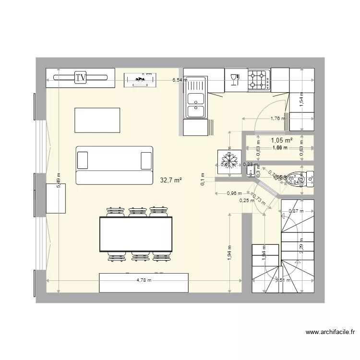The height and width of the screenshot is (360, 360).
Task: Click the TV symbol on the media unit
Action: (81, 77)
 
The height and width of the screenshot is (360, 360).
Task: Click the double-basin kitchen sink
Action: (196, 104)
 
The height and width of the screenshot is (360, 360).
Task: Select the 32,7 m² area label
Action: (171, 180)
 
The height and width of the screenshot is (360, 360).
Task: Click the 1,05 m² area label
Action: (282, 141)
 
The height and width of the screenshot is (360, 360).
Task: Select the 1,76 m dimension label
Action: (277, 119)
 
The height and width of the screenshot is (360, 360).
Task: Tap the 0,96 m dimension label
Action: (233, 194)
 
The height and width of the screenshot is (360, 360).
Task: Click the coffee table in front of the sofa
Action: (97, 120)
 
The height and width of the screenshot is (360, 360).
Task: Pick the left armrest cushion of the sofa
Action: (83, 160)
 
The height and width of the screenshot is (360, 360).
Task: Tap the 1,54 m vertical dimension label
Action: (301, 101)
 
